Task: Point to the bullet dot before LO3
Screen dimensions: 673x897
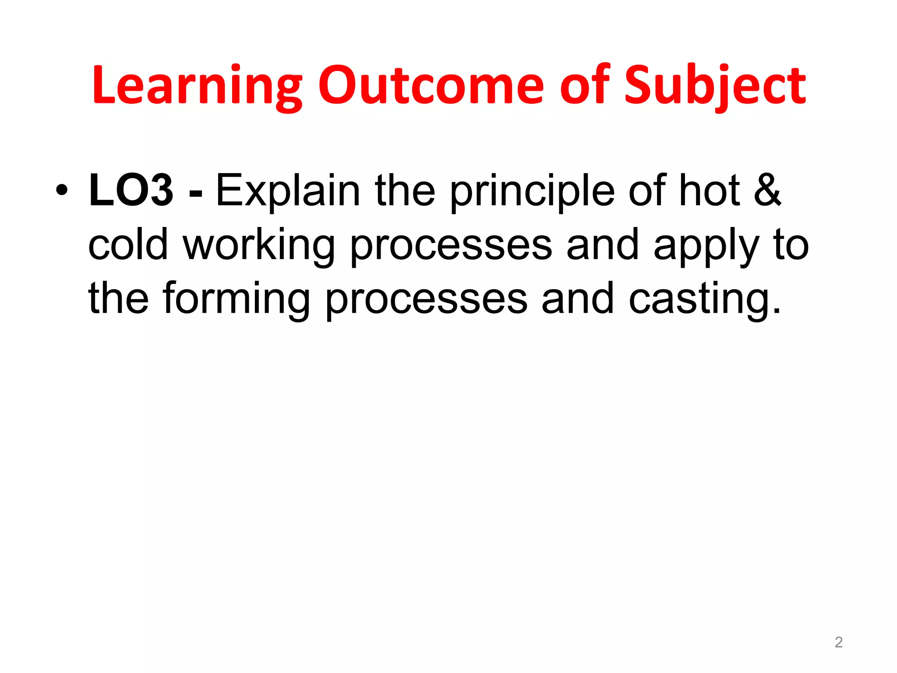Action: click(x=62, y=191)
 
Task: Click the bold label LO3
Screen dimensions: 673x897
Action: click(x=131, y=191)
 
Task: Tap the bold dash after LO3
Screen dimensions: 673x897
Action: click(x=195, y=193)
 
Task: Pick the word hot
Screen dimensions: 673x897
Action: click(x=709, y=191)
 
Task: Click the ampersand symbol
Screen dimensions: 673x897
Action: click(x=767, y=191)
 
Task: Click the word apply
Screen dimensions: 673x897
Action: click(x=706, y=247)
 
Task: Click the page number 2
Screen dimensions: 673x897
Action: click(x=838, y=642)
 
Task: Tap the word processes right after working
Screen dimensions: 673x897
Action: click(x=451, y=247)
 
